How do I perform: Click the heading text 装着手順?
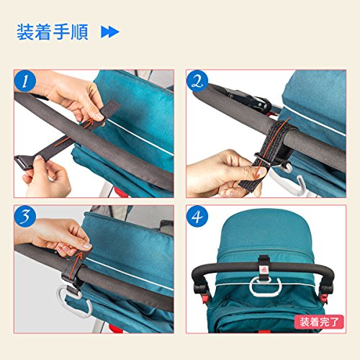point(53,32)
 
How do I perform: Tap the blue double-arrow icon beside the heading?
point(110,32)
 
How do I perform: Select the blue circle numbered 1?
point(25,81)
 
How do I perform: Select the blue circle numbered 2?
point(197,81)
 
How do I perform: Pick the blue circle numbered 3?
point(25,216)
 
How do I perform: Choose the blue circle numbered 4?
point(197,216)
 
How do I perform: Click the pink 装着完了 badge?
point(319,322)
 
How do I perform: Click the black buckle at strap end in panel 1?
point(23,163)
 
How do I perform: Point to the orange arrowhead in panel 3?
point(79,256)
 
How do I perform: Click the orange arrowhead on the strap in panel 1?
point(90,121)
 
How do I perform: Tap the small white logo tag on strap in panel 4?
point(264,270)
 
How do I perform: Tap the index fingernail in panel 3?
point(87,246)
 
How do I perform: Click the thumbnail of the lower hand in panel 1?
point(38,158)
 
